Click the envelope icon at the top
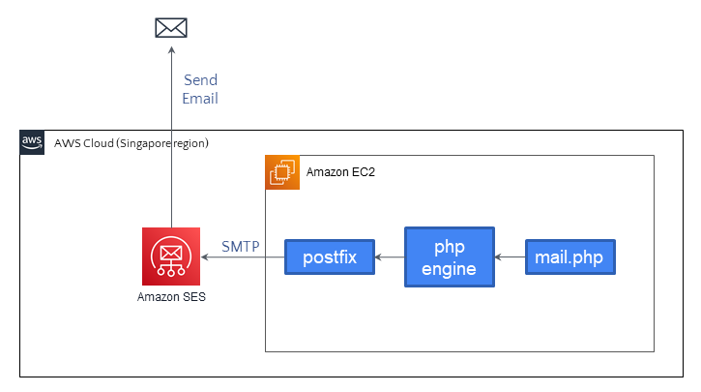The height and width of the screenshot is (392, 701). pyautogui.click(x=171, y=27)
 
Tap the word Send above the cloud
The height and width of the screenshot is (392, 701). pyautogui.click(x=200, y=80)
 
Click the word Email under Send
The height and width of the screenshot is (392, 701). pyautogui.click(x=200, y=99)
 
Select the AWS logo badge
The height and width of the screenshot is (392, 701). pyautogui.click(x=33, y=142)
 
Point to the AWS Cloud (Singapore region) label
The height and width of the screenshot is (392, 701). pyautogui.click(x=131, y=143)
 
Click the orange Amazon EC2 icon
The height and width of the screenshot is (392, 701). pyautogui.click(x=280, y=171)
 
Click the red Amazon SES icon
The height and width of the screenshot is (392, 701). pyautogui.click(x=171, y=256)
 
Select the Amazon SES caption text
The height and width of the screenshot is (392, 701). pyautogui.click(x=171, y=297)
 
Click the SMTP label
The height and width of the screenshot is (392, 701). pyautogui.click(x=240, y=247)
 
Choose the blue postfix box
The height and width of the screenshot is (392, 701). pyautogui.click(x=330, y=258)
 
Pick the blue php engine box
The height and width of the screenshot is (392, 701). pyautogui.click(x=449, y=257)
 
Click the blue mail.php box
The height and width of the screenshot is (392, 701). pyautogui.click(x=570, y=258)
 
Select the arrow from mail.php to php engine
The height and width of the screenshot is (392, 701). pyautogui.click(x=510, y=258)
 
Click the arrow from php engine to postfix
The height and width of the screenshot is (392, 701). pyautogui.click(x=390, y=258)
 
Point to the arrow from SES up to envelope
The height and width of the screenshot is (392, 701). pyautogui.click(x=171, y=145)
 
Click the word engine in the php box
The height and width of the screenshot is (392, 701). pyautogui.click(x=449, y=269)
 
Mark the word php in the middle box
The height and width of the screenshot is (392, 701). pyautogui.click(x=449, y=247)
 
